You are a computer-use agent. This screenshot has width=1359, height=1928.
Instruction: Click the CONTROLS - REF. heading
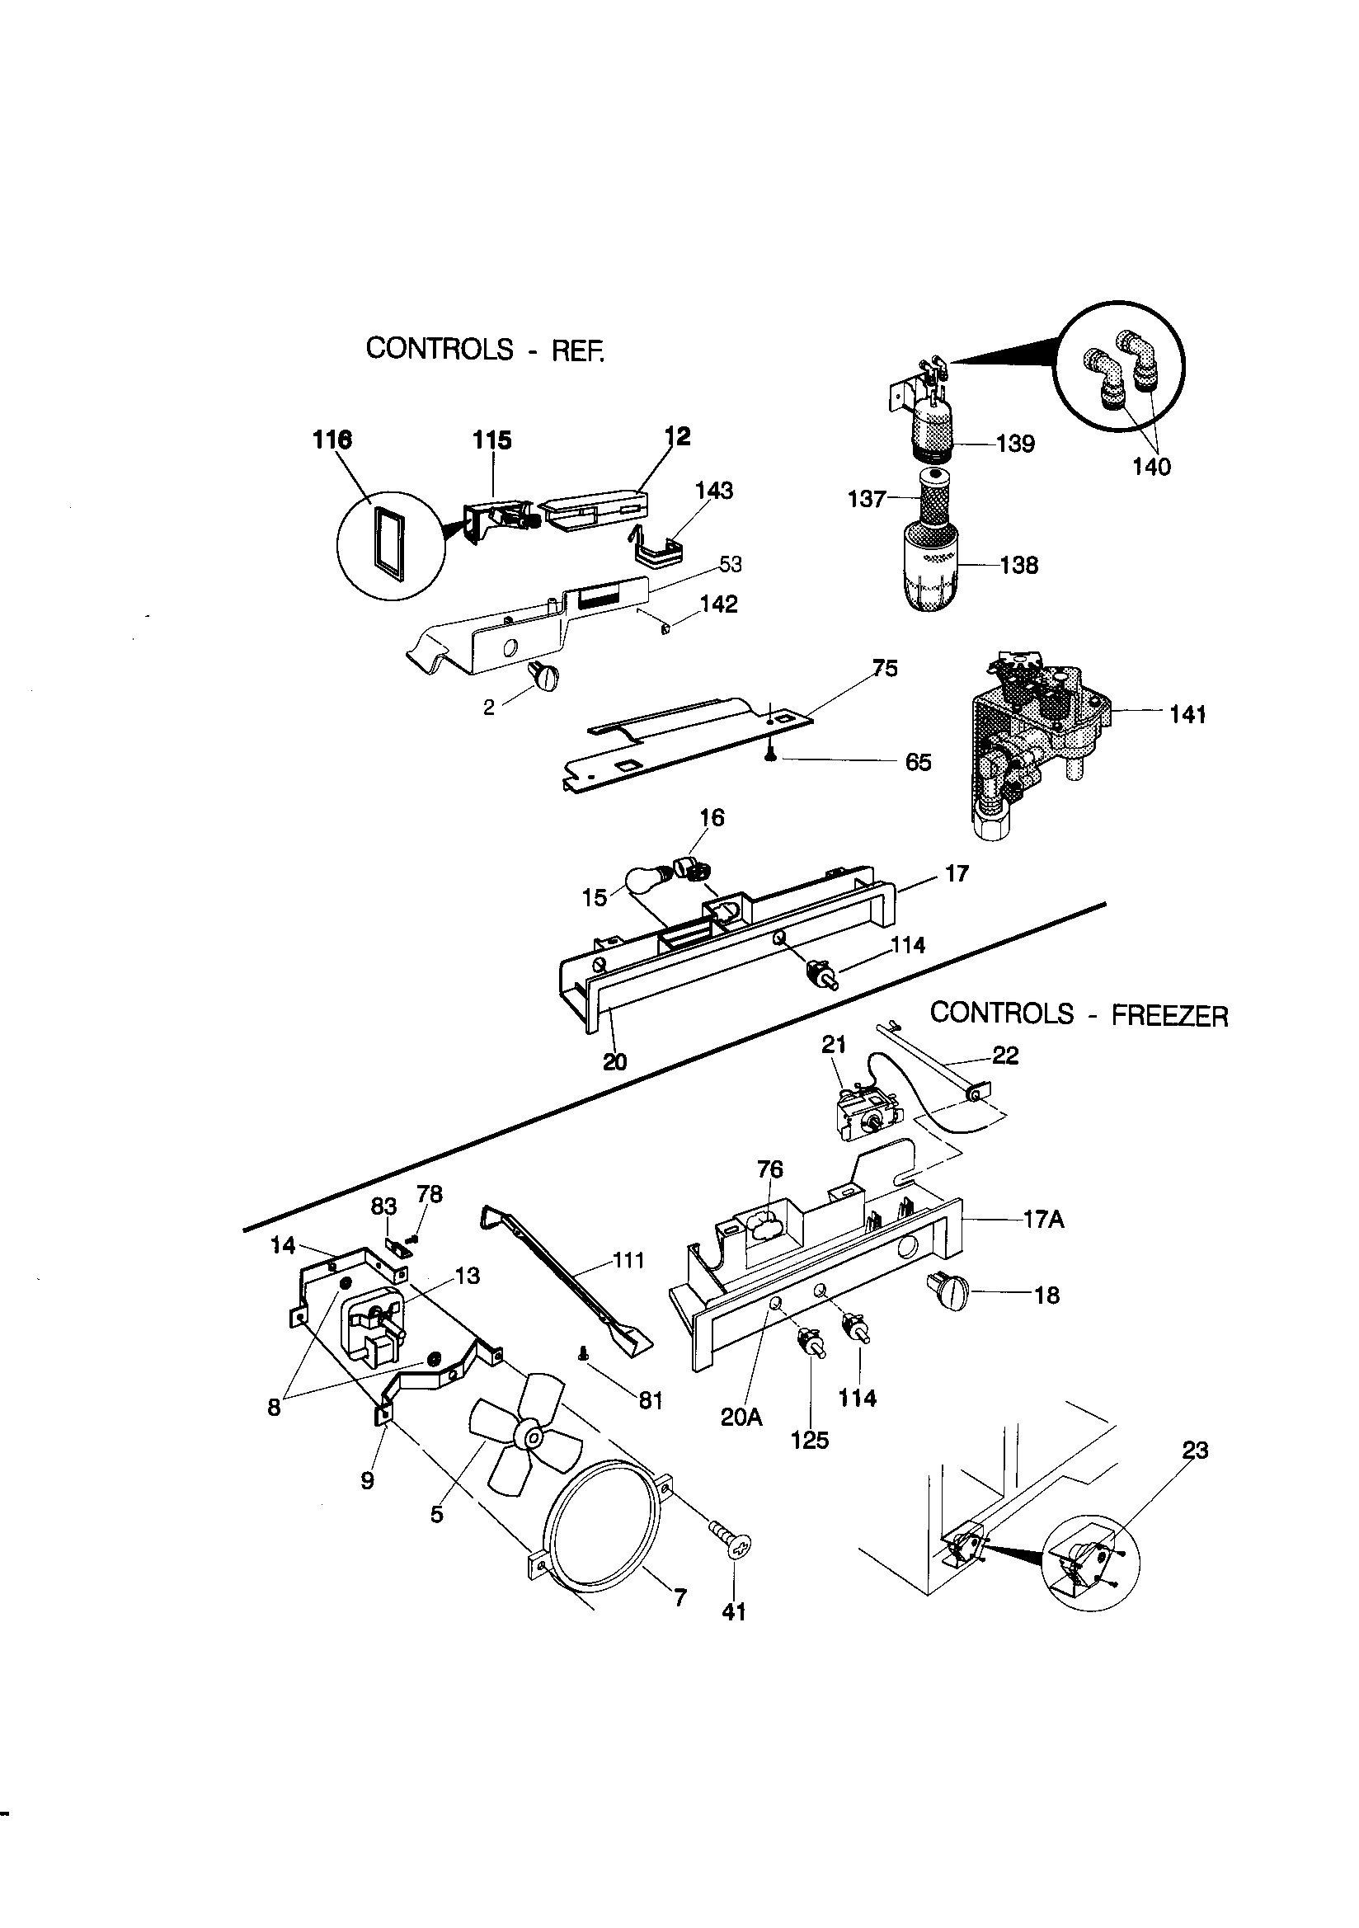point(485,349)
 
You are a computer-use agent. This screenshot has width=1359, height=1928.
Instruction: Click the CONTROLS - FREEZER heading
point(1079,1014)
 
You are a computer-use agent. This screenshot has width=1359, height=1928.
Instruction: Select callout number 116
point(332,440)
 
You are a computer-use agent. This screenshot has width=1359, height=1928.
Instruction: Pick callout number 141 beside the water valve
point(1187,715)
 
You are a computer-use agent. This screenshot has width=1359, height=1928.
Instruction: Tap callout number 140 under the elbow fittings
point(1150,467)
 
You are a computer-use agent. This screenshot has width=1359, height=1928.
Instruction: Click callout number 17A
point(1044,1220)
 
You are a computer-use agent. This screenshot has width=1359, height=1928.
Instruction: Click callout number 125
point(810,1440)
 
